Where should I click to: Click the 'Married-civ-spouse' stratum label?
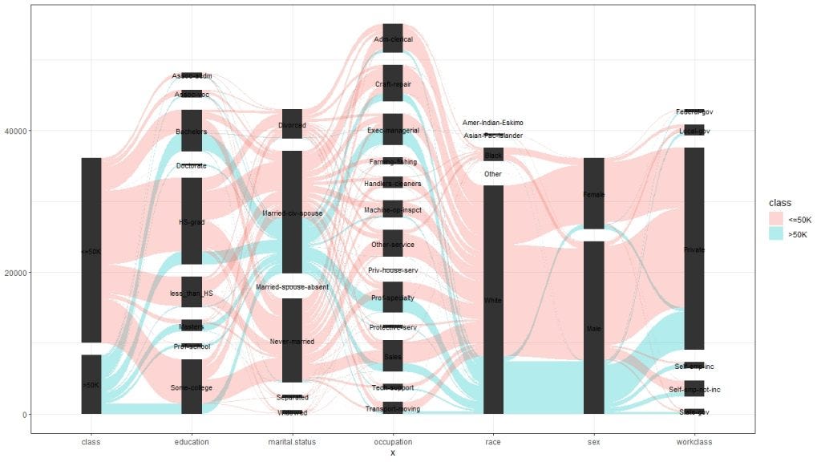coord(292,213)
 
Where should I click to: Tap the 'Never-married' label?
coord(292,342)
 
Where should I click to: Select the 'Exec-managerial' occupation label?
coord(393,130)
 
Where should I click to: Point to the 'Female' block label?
coord(594,194)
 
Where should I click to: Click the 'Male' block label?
coord(594,329)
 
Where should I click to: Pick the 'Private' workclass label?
coord(694,250)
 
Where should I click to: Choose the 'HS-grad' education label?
coord(191,222)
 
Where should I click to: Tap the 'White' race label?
coord(493,300)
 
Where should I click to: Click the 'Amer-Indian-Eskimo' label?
coord(493,123)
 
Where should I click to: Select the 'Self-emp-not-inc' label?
coord(694,390)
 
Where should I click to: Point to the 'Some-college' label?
coord(191,388)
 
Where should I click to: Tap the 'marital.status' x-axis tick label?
coord(292,442)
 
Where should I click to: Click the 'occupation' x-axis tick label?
coord(393,442)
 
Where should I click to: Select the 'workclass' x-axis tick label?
coord(694,442)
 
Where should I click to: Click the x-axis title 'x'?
coord(393,453)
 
